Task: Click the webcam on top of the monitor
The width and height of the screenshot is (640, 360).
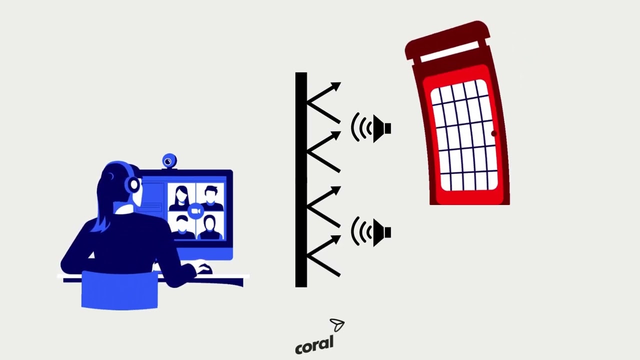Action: (169, 161)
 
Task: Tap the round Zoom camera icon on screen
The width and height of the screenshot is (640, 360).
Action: (195, 211)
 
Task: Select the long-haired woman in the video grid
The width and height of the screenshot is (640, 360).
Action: (181, 198)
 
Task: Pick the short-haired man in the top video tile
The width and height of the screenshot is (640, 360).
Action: (210, 197)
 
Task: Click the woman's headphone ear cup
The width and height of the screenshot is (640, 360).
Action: (132, 184)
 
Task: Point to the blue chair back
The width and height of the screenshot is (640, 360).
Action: (119, 289)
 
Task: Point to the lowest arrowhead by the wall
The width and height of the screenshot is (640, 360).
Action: (335, 239)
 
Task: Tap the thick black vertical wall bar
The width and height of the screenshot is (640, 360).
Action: (301, 179)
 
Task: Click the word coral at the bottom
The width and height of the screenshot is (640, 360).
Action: (314, 345)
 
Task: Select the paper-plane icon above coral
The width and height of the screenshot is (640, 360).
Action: (337, 325)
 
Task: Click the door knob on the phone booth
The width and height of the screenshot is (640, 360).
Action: (494, 133)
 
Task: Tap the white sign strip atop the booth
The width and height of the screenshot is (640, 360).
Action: (449, 51)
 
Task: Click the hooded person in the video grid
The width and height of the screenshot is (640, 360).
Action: (210, 227)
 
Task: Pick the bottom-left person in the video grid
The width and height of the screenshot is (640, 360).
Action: (182, 227)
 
